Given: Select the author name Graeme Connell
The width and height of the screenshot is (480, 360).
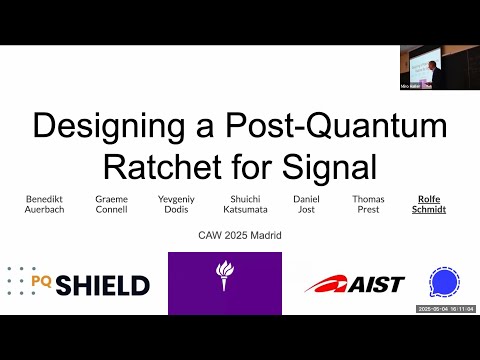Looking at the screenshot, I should coord(112,205).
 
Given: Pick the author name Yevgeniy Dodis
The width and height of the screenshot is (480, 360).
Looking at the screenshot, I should coord(177,205).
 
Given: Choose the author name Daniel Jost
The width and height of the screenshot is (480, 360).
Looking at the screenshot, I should coord(307,205).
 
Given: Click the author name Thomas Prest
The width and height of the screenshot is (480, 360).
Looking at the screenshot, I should coord(368,205).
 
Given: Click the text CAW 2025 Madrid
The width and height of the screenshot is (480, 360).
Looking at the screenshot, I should coord(240,236).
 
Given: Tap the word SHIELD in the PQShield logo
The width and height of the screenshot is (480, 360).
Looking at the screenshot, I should coord(103,286).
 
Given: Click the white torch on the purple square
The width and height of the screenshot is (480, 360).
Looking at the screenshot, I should coord(225,281).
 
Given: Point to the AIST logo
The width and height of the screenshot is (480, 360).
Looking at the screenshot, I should coord(354,285).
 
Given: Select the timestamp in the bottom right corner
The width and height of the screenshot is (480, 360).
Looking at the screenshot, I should coord(445,309).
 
